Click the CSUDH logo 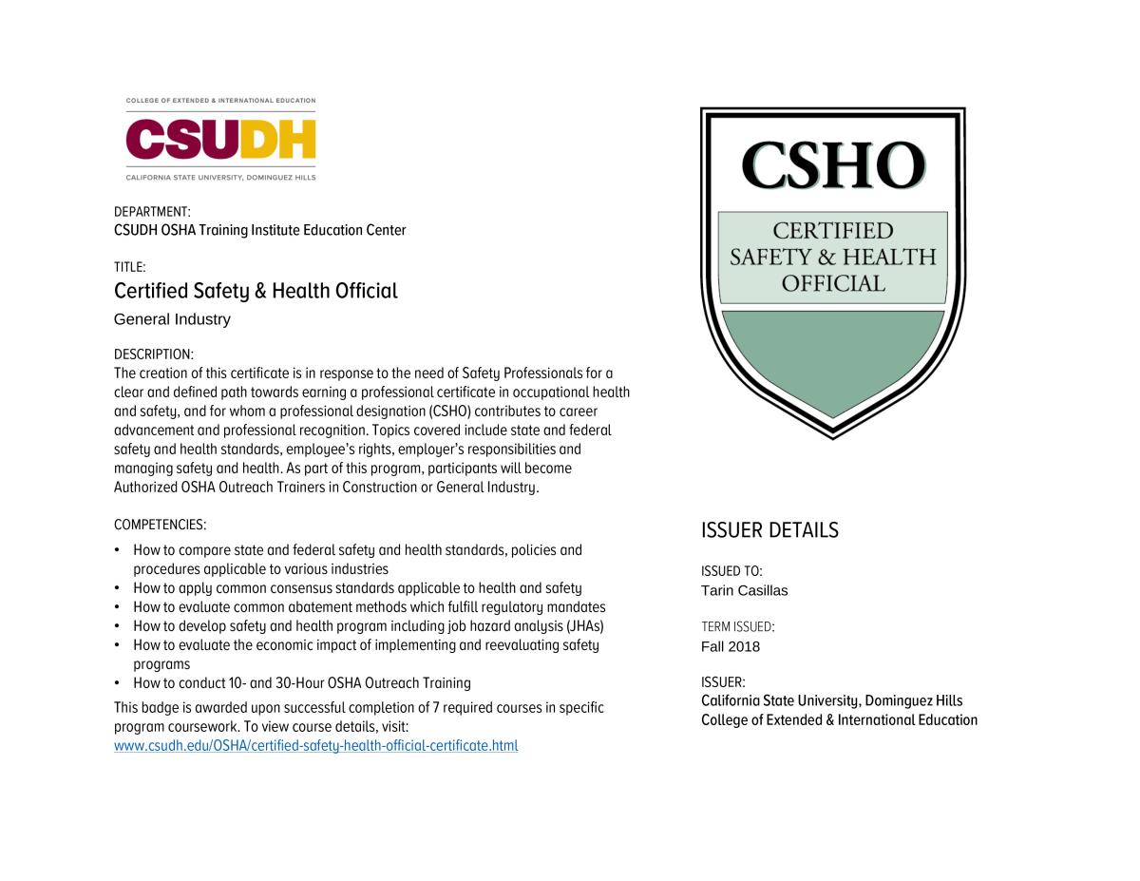(x=220, y=140)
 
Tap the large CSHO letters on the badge (x=832, y=165)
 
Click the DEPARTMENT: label (x=152, y=211)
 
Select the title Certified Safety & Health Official (x=256, y=291)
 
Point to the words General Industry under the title (x=172, y=319)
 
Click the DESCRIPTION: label (x=154, y=354)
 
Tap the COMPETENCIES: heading (x=160, y=524)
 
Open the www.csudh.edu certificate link (x=315, y=745)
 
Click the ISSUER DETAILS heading (x=769, y=530)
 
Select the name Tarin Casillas (x=744, y=590)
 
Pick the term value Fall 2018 (x=731, y=646)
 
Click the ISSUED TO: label (x=731, y=571)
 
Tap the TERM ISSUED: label (x=738, y=627)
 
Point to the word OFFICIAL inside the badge (x=832, y=283)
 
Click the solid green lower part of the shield (x=832, y=356)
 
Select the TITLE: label (x=130, y=267)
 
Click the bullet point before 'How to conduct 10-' (x=117, y=683)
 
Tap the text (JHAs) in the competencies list (x=585, y=626)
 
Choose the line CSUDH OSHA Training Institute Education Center (x=259, y=230)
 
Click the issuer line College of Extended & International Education (x=839, y=719)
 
